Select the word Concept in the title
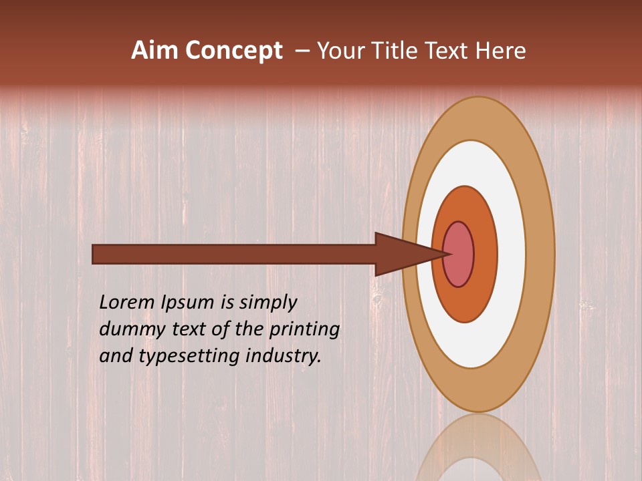[x=233, y=51]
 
